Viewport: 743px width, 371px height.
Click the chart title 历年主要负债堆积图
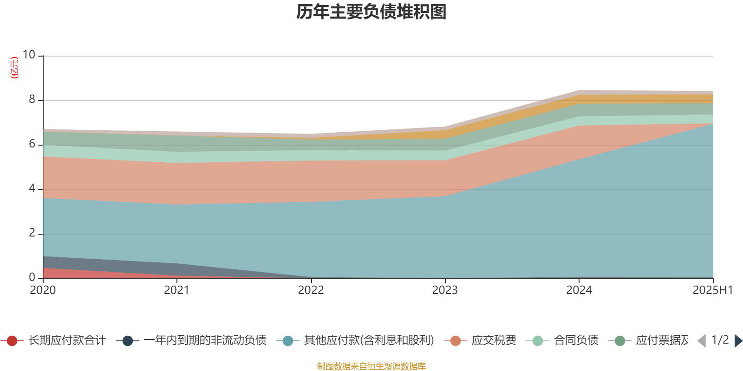pos(371,12)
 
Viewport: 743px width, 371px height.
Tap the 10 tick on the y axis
pos(29,55)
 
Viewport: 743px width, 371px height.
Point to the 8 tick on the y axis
pos(32,99)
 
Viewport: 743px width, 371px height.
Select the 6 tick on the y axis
pos(32,144)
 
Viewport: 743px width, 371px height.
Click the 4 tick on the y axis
pos(32,188)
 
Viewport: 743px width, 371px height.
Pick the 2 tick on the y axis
pos(32,233)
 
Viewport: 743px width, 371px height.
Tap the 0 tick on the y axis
pos(32,277)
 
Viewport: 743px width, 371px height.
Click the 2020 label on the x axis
pos(43,290)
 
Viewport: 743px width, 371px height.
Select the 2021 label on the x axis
pos(176,290)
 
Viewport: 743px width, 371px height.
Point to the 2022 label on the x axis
pos(311,290)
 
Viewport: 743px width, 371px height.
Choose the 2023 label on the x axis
pos(445,290)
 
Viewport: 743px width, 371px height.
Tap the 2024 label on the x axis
pos(579,290)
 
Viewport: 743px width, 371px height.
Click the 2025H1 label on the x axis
pos(712,290)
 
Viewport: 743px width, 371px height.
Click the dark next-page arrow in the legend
pos(738,341)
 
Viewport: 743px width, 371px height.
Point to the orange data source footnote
pos(371,366)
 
